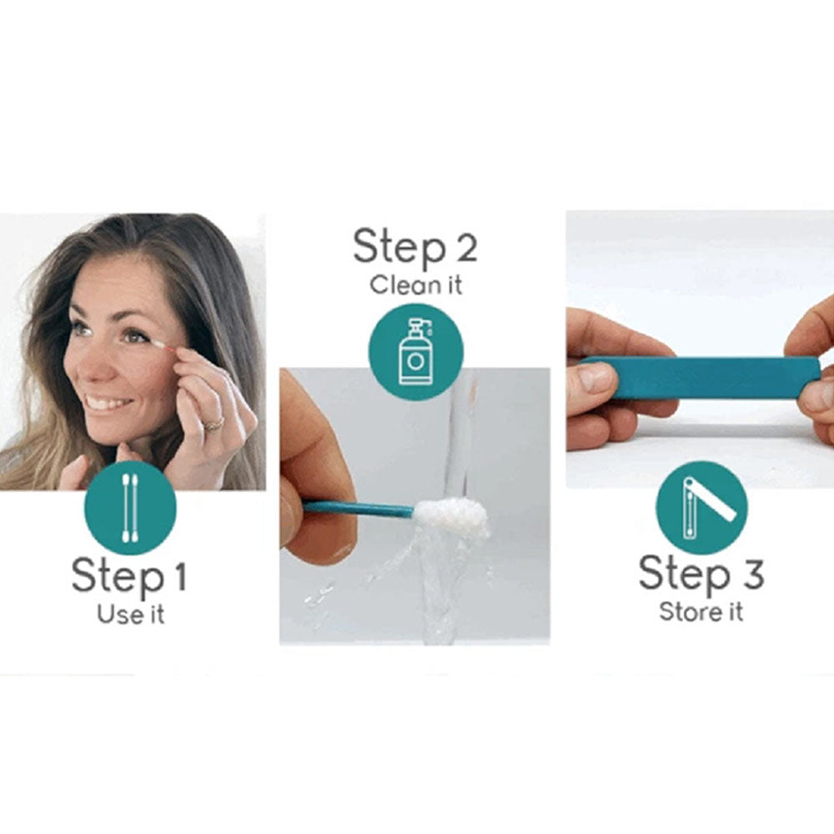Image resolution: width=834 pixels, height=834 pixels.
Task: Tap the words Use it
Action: [131, 615]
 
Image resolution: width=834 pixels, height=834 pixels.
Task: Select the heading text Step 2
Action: [414, 248]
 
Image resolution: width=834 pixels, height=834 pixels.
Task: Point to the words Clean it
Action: [416, 285]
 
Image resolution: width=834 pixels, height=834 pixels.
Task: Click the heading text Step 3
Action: [701, 575]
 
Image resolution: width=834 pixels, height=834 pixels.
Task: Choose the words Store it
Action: [701, 611]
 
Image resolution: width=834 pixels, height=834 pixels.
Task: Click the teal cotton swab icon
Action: [130, 508]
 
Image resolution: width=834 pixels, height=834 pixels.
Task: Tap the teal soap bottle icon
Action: [416, 351]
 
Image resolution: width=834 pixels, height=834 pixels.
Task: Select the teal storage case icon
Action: [701, 507]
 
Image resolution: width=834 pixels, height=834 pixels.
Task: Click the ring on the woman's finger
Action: [214, 424]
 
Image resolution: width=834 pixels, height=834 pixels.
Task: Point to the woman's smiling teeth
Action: [106, 404]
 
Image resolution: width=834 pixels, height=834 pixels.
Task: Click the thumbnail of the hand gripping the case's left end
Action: [599, 377]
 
